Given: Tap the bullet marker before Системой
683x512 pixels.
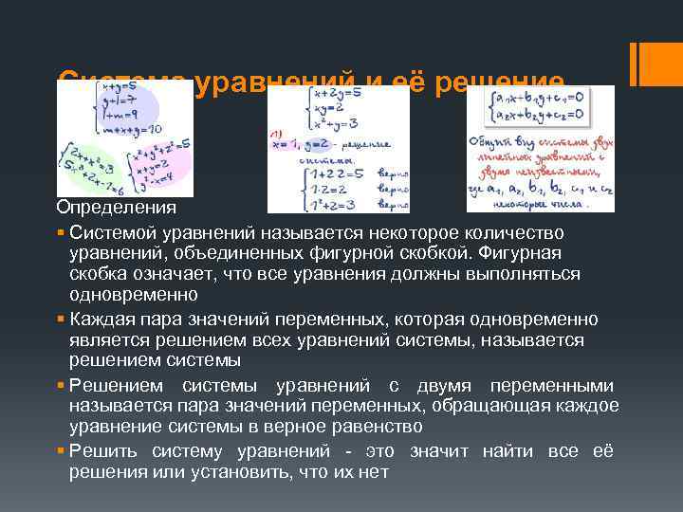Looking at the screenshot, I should pos(61,233).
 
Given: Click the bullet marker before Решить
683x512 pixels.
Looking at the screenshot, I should pos(61,451).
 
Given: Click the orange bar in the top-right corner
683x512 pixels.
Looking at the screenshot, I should pos(643,62).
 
